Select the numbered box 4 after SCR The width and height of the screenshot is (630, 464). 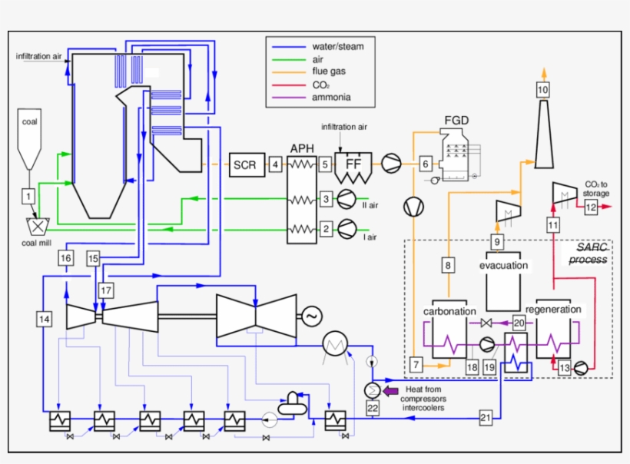click(x=276, y=164)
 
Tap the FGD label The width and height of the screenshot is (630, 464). click(x=456, y=121)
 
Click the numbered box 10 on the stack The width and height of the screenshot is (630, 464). click(x=543, y=90)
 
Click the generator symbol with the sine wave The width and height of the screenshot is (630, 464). click(x=312, y=316)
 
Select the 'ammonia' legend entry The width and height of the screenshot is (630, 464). click(x=331, y=98)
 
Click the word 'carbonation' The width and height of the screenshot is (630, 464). click(x=450, y=311)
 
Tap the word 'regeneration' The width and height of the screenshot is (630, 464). click(x=553, y=309)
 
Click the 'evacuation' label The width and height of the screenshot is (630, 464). click(x=504, y=266)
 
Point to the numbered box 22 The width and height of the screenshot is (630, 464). click(x=373, y=408)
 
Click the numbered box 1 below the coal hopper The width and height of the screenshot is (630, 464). click(x=28, y=197)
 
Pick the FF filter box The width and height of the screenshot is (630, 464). click(x=353, y=164)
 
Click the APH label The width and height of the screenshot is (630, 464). click(x=302, y=147)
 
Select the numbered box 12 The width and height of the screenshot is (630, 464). click(x=589, y=207)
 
